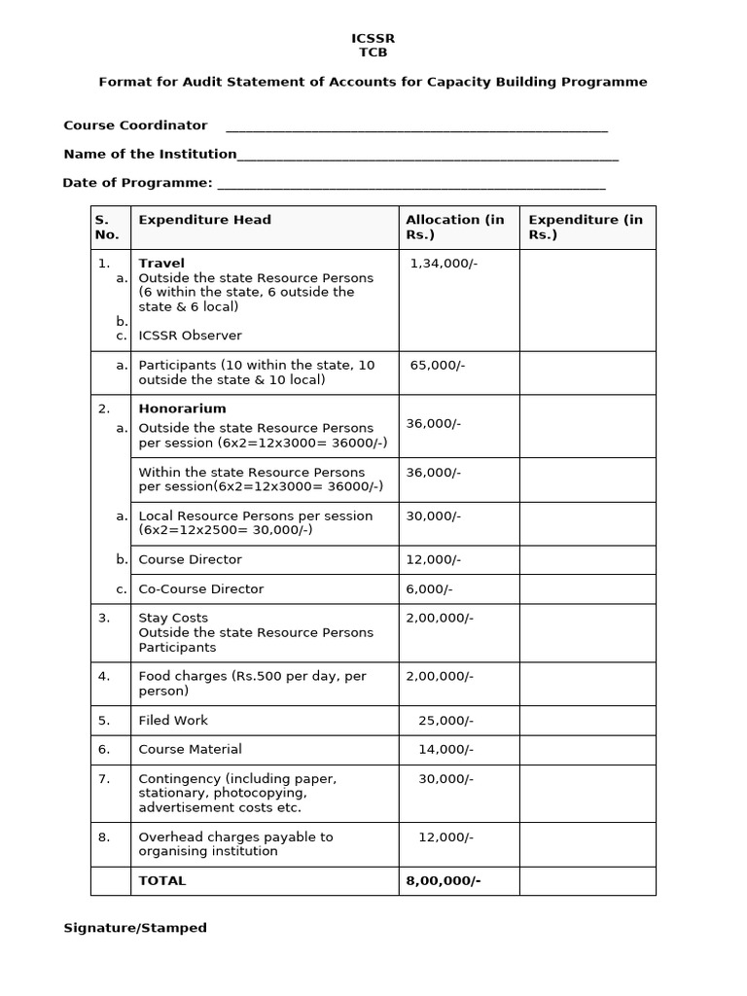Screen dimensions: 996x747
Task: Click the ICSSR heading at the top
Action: coord(373,38)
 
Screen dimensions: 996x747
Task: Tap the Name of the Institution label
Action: coord(150,154)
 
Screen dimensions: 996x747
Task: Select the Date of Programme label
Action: coord(137,183)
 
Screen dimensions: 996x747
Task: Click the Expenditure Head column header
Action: coord(204,220)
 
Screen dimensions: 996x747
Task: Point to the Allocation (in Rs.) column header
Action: coord(455,227)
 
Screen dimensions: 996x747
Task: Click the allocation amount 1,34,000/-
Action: coord(444,263)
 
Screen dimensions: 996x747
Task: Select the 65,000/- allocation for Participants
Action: coord(438,365)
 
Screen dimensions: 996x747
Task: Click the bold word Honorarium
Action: coord(182,409)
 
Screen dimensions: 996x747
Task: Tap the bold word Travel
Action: coord(161,263)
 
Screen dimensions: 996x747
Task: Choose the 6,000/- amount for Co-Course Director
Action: coord(429,588)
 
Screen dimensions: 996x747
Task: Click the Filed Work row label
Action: coord(173,720)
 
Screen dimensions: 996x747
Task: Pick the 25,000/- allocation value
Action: coord(445,720)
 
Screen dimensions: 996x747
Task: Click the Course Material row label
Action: coord(190,749)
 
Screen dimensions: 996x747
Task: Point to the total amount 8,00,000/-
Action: coord(443,880)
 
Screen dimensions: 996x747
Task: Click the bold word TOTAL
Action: coord(162,880)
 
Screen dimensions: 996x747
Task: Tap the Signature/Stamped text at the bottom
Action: coord(135,928)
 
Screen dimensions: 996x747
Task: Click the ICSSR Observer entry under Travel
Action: coord(190,336)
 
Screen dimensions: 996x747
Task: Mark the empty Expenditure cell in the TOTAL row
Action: coord(587,880)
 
